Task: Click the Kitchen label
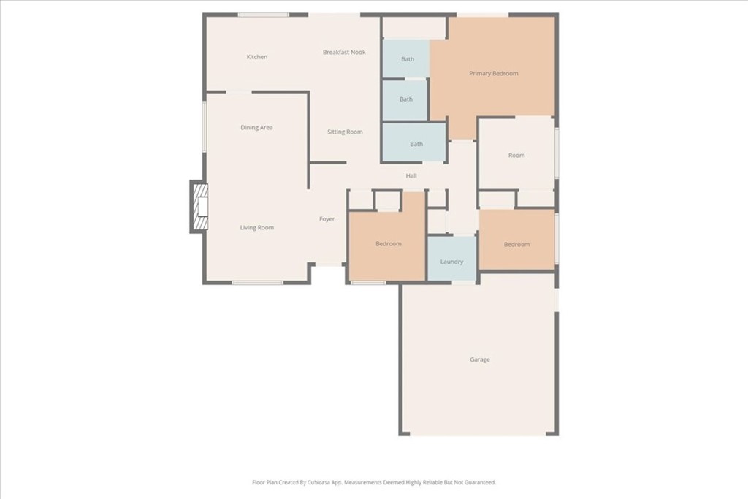click(x=256, y=57)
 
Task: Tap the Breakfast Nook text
click(x=344, y=53)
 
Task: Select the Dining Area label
click(x=256, y=128)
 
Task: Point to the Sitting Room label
click(x=345, y=132)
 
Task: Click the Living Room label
click(x=256, y=228)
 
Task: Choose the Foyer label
click(x=327, y=219)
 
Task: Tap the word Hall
click(x=411, y=176)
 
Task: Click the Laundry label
click(x=451, y=262)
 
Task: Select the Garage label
click(x=479, y=359)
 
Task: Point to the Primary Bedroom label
click(x=493, y=74)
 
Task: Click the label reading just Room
click(x=516, y=156)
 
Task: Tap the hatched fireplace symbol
click(x=200, y=207)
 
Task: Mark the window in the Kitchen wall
click(x=263, y=15)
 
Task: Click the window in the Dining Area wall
click(x=205, y=126)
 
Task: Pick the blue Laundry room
click(x=451, y=259)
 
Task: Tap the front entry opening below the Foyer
click(x=328, y=264)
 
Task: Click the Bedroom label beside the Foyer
click(x=389, y=244)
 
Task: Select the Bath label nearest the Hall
click(x=416, y=144)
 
